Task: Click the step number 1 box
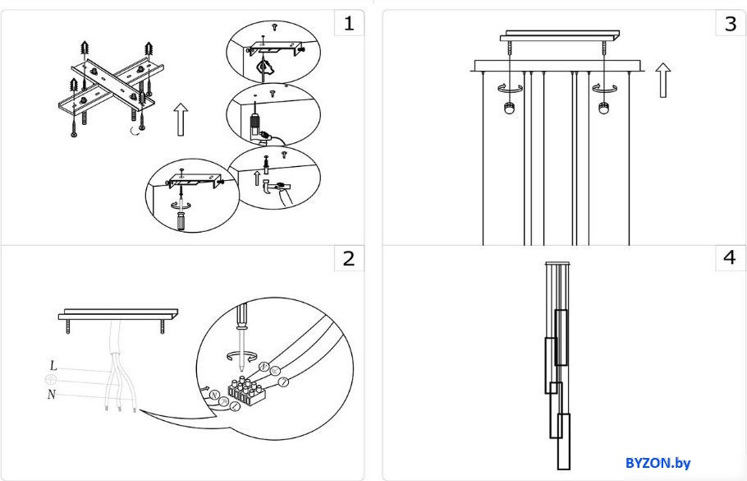pos(349,23)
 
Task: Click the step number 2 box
pos(349,259)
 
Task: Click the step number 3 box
pos(731,23)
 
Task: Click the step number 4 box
pos(731,257)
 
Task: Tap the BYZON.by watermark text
pos(658,462)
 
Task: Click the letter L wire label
pos(53,366)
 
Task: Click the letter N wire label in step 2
pos(52,395)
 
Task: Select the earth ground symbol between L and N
pos(51,380)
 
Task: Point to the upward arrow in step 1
pos(181,119)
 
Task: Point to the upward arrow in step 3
pos(662,81)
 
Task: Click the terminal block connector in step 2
pos(247,390)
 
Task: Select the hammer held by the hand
pos(273,187)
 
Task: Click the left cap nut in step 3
pos(509,109)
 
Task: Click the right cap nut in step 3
pos(604,109)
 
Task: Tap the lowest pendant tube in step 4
pos(564,442)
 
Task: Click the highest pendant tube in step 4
pos(561,337)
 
